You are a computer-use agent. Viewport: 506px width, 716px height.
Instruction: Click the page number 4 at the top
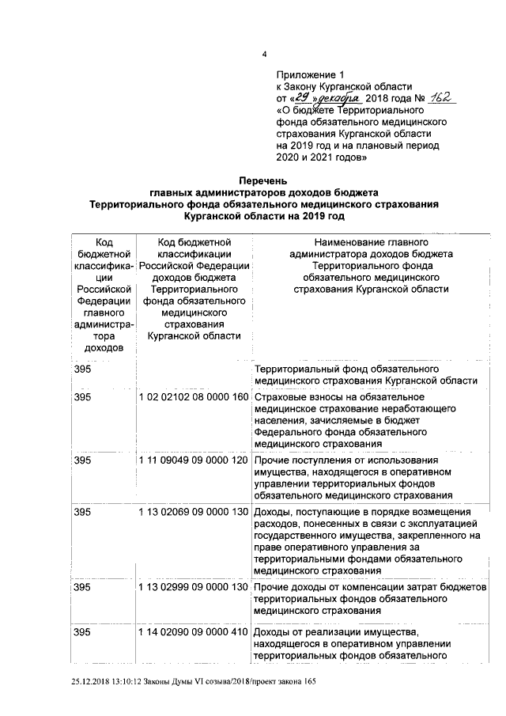pyautogui.click(x=265, y=54)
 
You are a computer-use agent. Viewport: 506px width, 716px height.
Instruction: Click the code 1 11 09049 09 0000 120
pyautogui.click(x=193, y=460)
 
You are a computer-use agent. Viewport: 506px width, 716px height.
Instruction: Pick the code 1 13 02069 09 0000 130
pyautogui.click(x=193, y=512)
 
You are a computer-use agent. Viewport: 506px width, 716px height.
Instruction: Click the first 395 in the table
pyautogui.click(x=82, y=369)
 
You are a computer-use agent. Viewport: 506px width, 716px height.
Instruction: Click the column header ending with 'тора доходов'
pyautogui.click(x=104, y=294)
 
